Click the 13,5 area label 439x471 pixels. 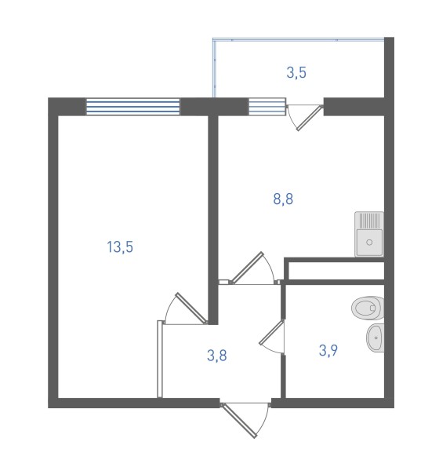pyautogui.click(x=120, y=247)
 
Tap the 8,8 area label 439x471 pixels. pyautogui.click(x=283, y=199)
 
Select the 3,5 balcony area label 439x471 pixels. pyautogui.click(x=296, y=73)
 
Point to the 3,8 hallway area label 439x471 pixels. pyautogui.click(x=216, y=356)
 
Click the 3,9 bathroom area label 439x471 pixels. pyautogui.click(x=328, y=350)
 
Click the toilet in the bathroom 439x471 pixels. pyautogui.click(x=368, y=308)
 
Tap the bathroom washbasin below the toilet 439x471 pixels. pyautogui.click(x=375, y=338)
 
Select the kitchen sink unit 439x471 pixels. pyautogui.click(x=369, y=234)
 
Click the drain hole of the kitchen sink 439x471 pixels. pyautogui.click(x=369, y=242)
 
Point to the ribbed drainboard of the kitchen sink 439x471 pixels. pyautogui.click(x=369, y=221)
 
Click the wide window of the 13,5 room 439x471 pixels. pyautogui.click(x=133, y=107)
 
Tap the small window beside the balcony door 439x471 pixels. pyautogui.click(x=267, y=107)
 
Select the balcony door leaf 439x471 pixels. pyautogui.click(x=310, y=118)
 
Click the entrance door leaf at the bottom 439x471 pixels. pyautogui.click(x=239, y=421)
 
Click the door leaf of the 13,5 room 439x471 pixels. pyautogui.click(x=191, y=308)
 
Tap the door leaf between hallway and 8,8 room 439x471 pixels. pyautogui.click(x=247, y=268)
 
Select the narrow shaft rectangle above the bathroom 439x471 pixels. pyautogui.click(x=336, y=271)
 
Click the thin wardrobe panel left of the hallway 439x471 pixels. pyautogui.click(x=160, y=360)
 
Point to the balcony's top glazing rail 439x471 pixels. pyautogui.click(x=298, y=38)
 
